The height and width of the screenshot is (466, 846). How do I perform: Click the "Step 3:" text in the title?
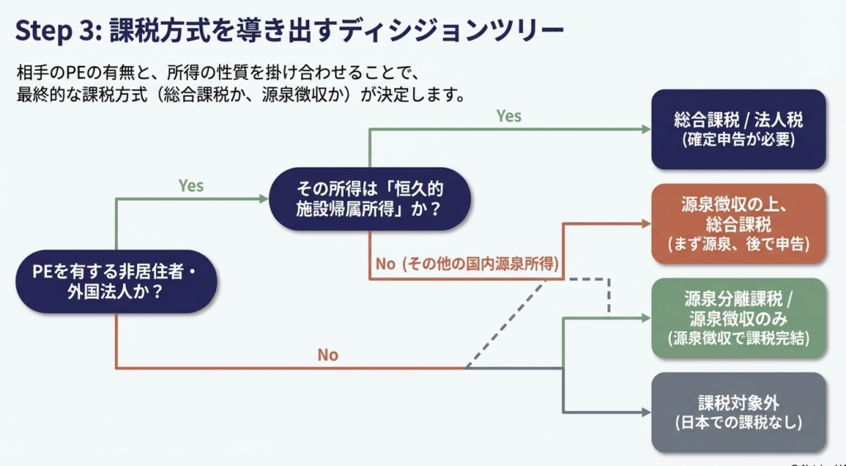56,31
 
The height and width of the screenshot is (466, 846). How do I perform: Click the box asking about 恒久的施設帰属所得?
369,198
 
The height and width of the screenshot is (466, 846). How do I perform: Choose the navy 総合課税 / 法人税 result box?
739,129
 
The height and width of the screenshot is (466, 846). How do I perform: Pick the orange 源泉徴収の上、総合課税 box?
739,224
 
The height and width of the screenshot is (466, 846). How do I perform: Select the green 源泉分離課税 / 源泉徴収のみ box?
739,318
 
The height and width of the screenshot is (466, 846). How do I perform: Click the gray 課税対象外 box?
739,412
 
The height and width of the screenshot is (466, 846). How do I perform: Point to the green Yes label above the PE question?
191,186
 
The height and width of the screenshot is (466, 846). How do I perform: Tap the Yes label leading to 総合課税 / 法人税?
509,116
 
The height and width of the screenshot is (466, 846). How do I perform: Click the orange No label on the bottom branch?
328,355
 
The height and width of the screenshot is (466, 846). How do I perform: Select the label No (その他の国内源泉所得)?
468,264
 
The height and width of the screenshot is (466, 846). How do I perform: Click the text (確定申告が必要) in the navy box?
739,140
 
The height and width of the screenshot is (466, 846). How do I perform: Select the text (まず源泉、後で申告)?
739,245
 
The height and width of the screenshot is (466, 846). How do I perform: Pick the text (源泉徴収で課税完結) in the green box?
739,339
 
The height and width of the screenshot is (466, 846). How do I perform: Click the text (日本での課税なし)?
739,424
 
